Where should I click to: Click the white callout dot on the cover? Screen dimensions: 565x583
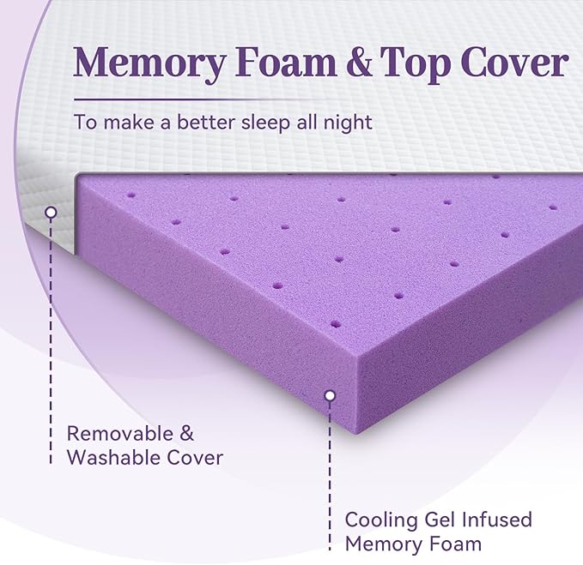tap(51, 211)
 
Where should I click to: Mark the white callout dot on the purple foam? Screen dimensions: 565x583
tap(328, 395)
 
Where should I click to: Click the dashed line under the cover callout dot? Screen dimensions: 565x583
tap(51, 326)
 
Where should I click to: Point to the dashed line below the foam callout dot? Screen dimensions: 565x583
tap(328, 463)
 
